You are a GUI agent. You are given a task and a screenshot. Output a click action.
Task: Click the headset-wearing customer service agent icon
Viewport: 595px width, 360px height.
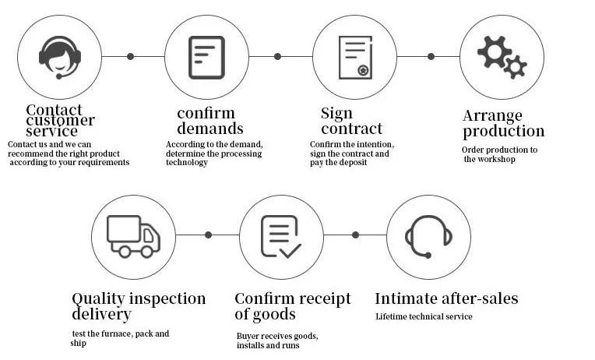tap(60, 57)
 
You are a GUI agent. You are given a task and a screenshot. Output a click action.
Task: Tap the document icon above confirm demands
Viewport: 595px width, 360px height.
tap(206, 57)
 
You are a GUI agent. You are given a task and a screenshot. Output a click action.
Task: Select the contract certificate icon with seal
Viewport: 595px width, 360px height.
tap(354, 57)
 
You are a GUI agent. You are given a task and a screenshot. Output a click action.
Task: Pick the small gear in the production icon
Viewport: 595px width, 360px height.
tap(515, 68)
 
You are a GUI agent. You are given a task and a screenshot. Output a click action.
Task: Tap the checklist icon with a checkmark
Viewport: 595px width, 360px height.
tap(280, 235)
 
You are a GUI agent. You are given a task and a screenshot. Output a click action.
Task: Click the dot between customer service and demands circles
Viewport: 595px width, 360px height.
tap(130, 56)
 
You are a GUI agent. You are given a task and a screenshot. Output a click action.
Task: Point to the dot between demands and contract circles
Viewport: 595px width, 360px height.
tap(277, 56)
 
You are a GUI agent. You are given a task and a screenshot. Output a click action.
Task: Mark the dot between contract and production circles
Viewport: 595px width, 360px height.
tap(431, 56)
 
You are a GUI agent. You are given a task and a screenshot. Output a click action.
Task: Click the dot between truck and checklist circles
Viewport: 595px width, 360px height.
tap(208, 235)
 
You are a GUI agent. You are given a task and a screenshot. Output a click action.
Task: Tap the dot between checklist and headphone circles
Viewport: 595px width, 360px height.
tap(355, 235)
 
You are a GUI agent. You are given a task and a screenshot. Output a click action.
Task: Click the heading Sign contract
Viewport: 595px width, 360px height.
tap(351, 121)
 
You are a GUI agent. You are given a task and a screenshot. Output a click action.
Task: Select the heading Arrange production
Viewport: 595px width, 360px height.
tap(503, 123)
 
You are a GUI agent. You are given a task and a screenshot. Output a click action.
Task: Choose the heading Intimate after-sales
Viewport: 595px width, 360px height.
tap(446, 298)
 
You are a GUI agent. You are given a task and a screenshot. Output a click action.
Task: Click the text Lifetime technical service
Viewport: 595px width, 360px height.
tap(424, 316)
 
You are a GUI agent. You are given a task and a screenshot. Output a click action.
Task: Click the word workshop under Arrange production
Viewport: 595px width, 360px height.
tap(498, 159)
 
